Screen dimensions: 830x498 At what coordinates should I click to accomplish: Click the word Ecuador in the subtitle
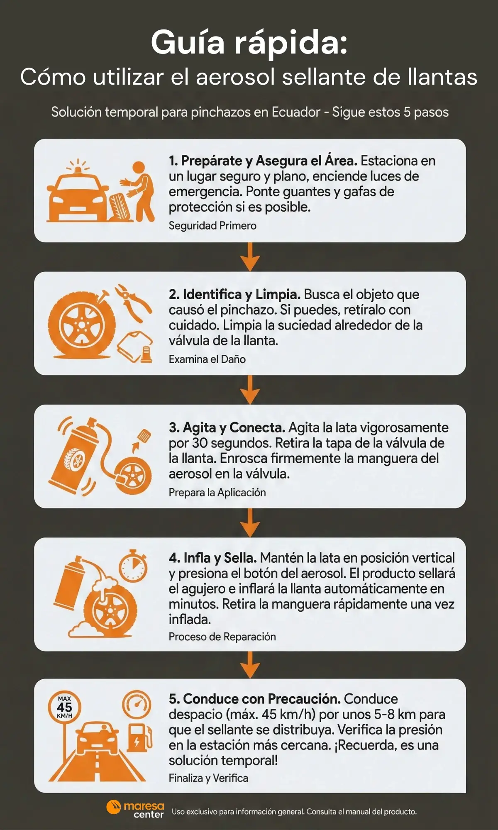(295, 112)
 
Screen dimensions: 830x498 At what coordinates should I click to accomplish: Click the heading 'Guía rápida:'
(249, 42)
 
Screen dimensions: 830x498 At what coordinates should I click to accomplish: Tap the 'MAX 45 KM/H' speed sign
(64, 707)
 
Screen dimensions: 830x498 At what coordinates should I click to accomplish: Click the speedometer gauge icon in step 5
(137, 704)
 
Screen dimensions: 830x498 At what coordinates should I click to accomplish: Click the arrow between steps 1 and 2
(250, 257)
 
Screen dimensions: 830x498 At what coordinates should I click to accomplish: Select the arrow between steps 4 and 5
(250, 665)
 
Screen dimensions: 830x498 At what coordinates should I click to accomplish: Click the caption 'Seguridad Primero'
(212, 226)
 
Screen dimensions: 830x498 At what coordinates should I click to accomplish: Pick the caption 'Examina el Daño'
(207, 359)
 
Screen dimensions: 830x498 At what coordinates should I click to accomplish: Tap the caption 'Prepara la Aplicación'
(217, 493)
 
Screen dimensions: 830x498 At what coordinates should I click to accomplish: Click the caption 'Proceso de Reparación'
(222, 637)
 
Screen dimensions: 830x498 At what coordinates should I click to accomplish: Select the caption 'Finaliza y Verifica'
(208, 778)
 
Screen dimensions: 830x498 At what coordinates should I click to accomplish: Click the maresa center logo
(135, 810)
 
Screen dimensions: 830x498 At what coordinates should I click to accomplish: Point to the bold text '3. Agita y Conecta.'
(227, 427)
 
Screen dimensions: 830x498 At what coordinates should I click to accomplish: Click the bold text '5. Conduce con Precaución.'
(254, 699)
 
